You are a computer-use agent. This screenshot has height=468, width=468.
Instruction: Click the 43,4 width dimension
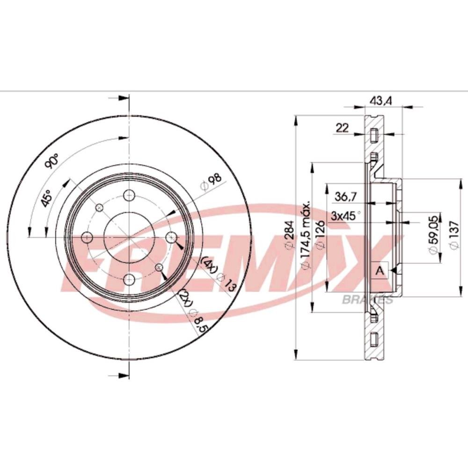pyautogui.click(x=380, y=101)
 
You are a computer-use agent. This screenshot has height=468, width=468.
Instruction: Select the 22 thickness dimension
pyautogui.click(x=343, y=128)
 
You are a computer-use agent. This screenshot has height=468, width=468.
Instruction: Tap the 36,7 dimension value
pyautogui.click(x=346, y=197)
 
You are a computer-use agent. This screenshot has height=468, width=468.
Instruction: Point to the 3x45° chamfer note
pyautogui.click(x=346, y=215)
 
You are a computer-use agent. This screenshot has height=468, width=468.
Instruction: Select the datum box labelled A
pyautogui.click(x=380, y=271)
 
